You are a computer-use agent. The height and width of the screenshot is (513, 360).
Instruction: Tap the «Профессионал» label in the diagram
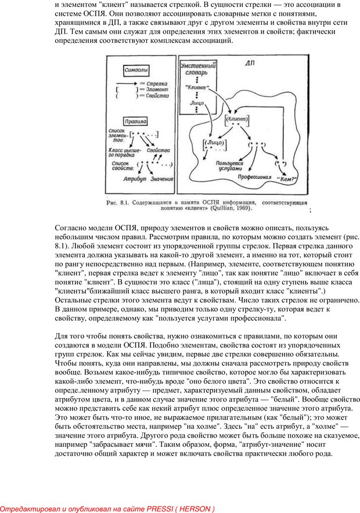pyautogui.click(x=252, y=176)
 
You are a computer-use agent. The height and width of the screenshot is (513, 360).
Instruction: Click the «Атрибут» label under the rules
pyautogui.click(x=134, y=179)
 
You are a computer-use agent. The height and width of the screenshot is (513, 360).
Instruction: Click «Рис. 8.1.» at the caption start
pyautogui.click(x=117, y=203)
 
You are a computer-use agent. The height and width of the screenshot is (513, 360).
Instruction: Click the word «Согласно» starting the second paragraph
pyautogui.click(x=72, y=230)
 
